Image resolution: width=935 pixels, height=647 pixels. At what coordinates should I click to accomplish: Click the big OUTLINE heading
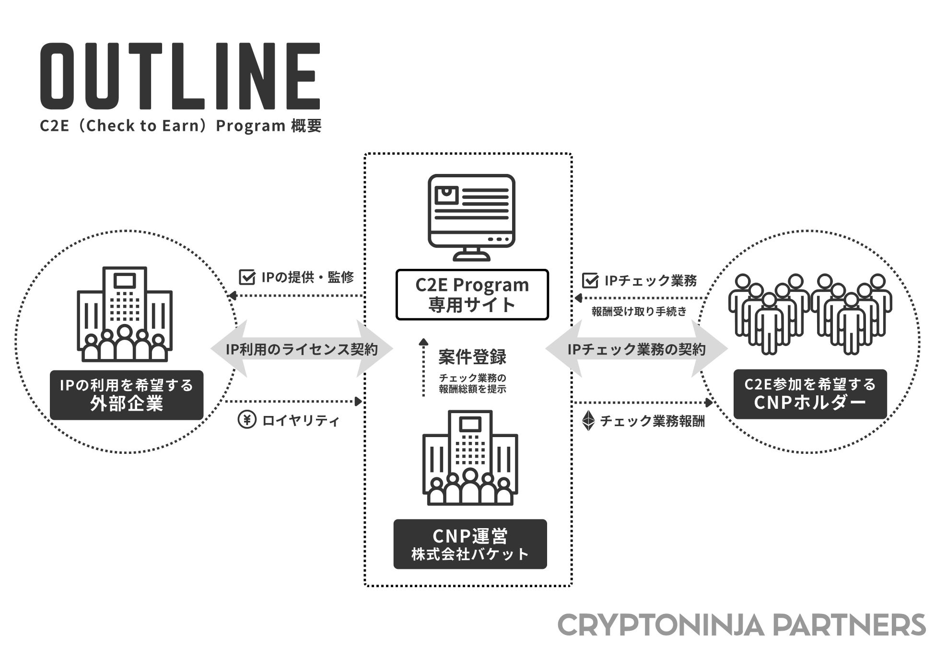180,77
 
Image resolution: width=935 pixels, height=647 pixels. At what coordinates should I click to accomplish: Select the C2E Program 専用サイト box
472,295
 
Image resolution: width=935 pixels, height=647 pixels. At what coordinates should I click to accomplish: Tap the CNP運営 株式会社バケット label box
470,544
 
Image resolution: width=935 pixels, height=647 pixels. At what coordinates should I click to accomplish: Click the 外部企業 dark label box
127,395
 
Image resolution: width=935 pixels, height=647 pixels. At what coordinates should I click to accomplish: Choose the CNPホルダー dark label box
810,394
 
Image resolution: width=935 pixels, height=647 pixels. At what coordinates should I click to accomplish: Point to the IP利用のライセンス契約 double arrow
302,349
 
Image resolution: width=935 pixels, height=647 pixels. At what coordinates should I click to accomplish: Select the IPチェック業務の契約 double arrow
636,349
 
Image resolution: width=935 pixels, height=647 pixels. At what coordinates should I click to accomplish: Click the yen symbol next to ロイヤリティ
247,420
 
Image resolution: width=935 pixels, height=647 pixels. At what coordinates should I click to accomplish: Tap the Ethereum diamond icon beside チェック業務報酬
588,421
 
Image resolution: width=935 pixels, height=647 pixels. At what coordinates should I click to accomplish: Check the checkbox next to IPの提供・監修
247,277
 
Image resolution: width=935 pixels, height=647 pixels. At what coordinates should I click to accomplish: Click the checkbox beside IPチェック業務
590,280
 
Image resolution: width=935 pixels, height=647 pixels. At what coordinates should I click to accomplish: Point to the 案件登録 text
472,357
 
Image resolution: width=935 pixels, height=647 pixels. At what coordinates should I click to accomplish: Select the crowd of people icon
810,314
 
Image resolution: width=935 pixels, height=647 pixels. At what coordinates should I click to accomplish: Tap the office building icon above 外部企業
125,314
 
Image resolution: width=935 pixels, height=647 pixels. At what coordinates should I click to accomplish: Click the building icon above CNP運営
470,458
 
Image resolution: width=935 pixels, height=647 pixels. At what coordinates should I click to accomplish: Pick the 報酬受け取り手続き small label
639,312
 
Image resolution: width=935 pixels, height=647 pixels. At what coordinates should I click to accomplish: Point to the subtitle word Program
251,126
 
